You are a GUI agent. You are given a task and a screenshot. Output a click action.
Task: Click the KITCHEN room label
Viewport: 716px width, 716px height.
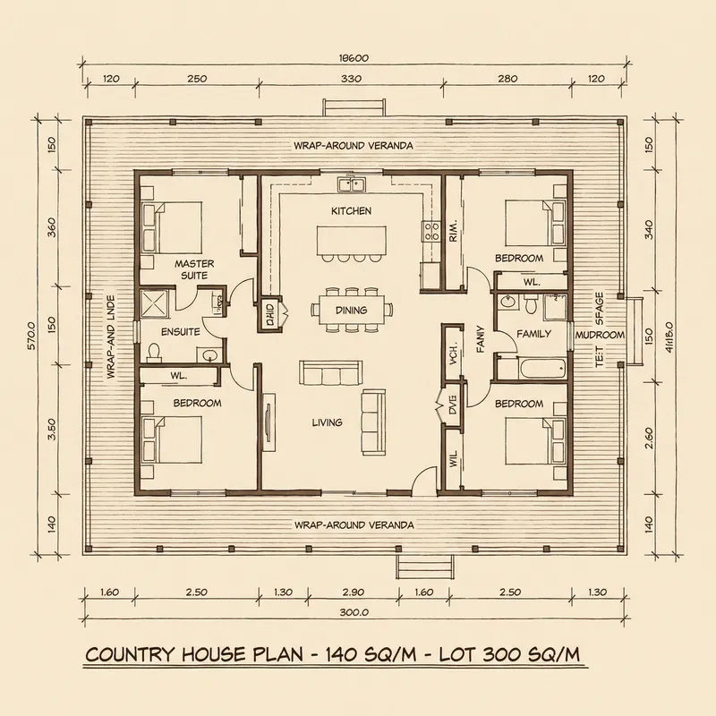pos(351,211)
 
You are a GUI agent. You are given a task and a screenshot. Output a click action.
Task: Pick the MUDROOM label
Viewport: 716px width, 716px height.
pos(600,335)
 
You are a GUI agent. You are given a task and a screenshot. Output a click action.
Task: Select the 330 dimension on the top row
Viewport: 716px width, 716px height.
pos(351,80)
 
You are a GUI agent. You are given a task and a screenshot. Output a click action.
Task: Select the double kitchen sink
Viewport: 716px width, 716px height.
pos(350,185)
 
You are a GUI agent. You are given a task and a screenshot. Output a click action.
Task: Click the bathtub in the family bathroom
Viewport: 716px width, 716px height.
pos(530,367)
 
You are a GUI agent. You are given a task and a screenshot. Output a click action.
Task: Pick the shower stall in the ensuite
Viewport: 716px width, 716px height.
pos(155,303)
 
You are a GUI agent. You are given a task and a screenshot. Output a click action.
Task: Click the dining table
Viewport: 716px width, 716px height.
pos(351,311)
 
